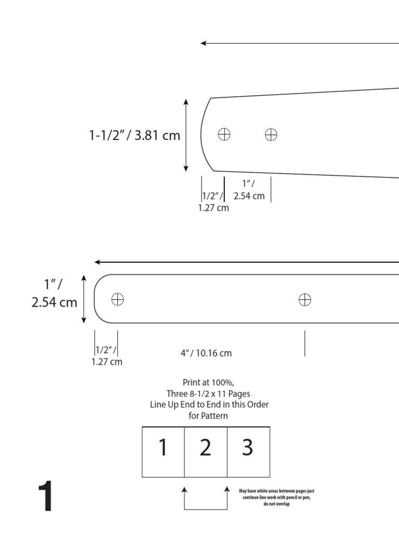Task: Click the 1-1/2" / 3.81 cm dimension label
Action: tap(135, 136)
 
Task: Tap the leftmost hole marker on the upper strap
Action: tap(224, 134)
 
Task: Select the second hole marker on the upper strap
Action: tap(271, 134)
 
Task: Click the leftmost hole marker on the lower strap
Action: tap(118, 299)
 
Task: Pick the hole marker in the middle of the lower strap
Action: tap(304, 299)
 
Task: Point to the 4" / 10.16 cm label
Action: tap(206, 353)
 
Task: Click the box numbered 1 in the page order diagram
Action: tap(163, 448)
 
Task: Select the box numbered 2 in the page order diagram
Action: tap(206, 448)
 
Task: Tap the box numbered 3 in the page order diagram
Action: tap(248, 448)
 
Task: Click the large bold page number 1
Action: tap(45, 498)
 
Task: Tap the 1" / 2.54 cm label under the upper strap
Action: tap(249, 190)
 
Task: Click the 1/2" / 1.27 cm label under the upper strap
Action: tap(213, 202)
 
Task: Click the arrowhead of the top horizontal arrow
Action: tap(204, 43)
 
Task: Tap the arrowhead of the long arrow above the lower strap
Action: tap(97, 262)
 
